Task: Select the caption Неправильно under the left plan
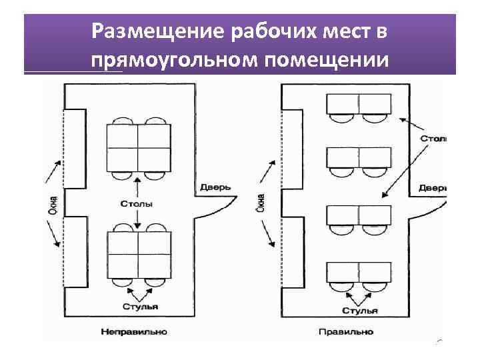point(134,331)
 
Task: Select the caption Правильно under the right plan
point(346,331)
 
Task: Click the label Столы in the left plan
point(137,203)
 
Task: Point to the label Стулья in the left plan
point(140,307)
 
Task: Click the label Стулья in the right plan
point(360,311)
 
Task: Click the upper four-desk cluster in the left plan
point(138,147)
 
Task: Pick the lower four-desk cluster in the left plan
point(138,255)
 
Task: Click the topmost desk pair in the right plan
point(359,104)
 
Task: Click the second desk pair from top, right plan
point(359,158)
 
